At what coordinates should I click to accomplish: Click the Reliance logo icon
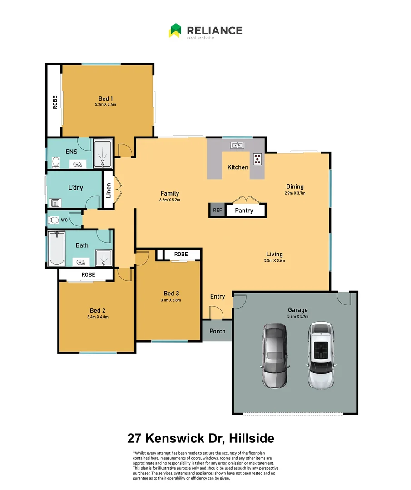[x=175, y=30]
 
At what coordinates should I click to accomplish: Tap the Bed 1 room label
[x=106, y=98]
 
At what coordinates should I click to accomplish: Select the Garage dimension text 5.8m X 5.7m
[x=298, y=317]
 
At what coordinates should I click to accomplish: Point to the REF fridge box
[x=217, y=210]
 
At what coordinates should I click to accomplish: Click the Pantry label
[x=244, y=211]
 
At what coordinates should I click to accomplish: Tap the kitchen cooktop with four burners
[x=258, y=159]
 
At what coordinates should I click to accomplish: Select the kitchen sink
[x=237, y=145]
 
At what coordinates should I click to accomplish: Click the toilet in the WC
[x=54, y=220]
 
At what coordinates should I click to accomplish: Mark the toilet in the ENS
[x=56, y=162]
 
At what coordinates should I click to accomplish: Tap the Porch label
[x=218, y=331]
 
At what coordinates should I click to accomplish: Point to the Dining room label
[x=295, y=186]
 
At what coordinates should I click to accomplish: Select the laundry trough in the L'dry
[x=55, y=203]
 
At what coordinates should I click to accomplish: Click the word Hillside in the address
[x=252, y=439]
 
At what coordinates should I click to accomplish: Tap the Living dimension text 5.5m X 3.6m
[x=275, y=260]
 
